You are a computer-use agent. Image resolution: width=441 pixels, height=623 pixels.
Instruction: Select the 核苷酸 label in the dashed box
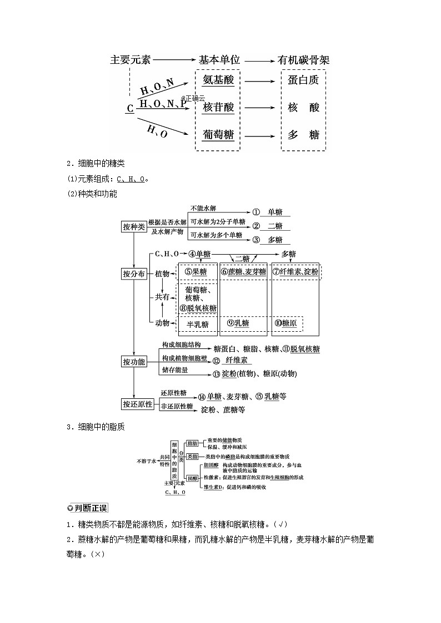[x=218, y=107]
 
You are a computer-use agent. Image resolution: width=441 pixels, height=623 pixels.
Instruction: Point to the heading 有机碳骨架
[x=303, y=60]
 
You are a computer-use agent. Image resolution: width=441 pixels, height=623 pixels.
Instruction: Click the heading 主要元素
[x=131, y=60]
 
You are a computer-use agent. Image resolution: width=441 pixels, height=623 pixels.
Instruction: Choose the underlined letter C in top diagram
[x=130, y=109]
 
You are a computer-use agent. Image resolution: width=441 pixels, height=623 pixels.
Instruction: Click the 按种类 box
[x=134, y=227]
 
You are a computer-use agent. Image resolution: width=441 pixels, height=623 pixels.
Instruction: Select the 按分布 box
[x=134, y=274]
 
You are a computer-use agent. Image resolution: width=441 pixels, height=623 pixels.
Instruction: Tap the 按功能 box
[x=134, y=362]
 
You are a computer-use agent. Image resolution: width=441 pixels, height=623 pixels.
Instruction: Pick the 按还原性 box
[x=137, y=404]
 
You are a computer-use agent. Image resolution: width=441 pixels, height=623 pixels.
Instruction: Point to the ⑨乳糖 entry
[x=238, y=323]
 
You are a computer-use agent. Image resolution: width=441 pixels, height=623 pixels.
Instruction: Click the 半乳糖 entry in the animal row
[x=197, y=325]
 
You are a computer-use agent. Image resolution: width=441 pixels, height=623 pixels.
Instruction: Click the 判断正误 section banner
[x=87, y=508]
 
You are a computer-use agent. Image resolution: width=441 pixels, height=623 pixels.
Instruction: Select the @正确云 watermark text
[x=193, y=98]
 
